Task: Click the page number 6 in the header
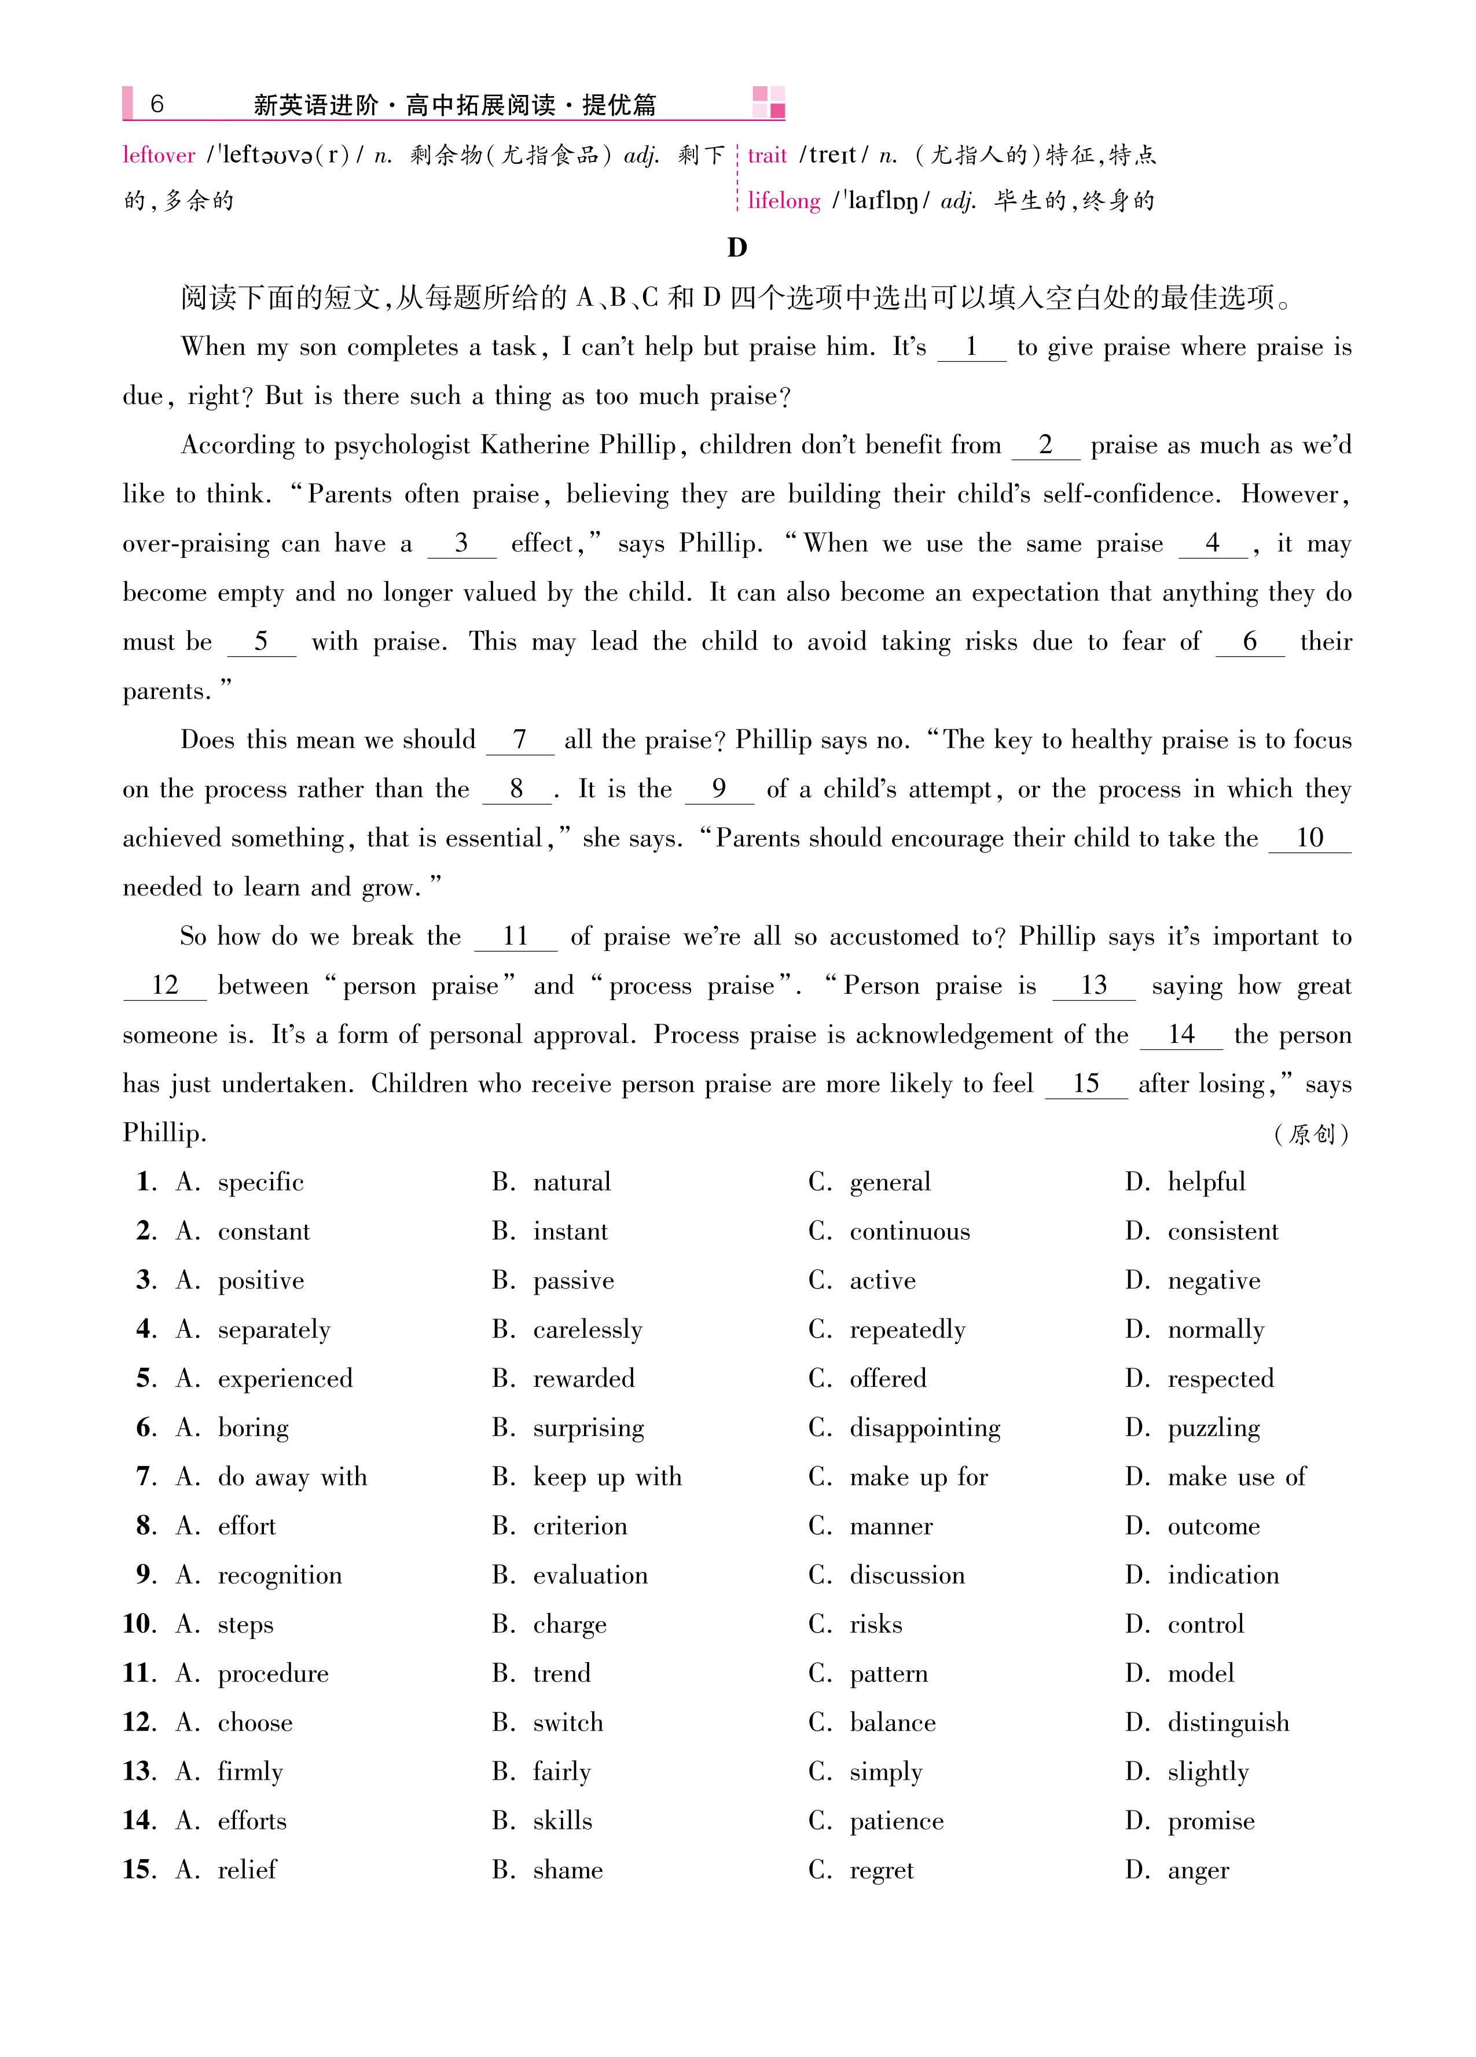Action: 156,104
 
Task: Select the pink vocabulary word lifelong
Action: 784,200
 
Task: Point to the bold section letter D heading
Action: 737,248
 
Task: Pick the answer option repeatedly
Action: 907,1329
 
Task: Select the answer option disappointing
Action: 924,1428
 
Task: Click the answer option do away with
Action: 292,1478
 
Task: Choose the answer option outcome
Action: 1213,1526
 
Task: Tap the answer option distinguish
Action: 1228,1723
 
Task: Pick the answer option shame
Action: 568,1870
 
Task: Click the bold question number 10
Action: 139,1625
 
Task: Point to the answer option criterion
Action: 580,1526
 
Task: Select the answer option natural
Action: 571,1182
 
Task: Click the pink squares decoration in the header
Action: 769,102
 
